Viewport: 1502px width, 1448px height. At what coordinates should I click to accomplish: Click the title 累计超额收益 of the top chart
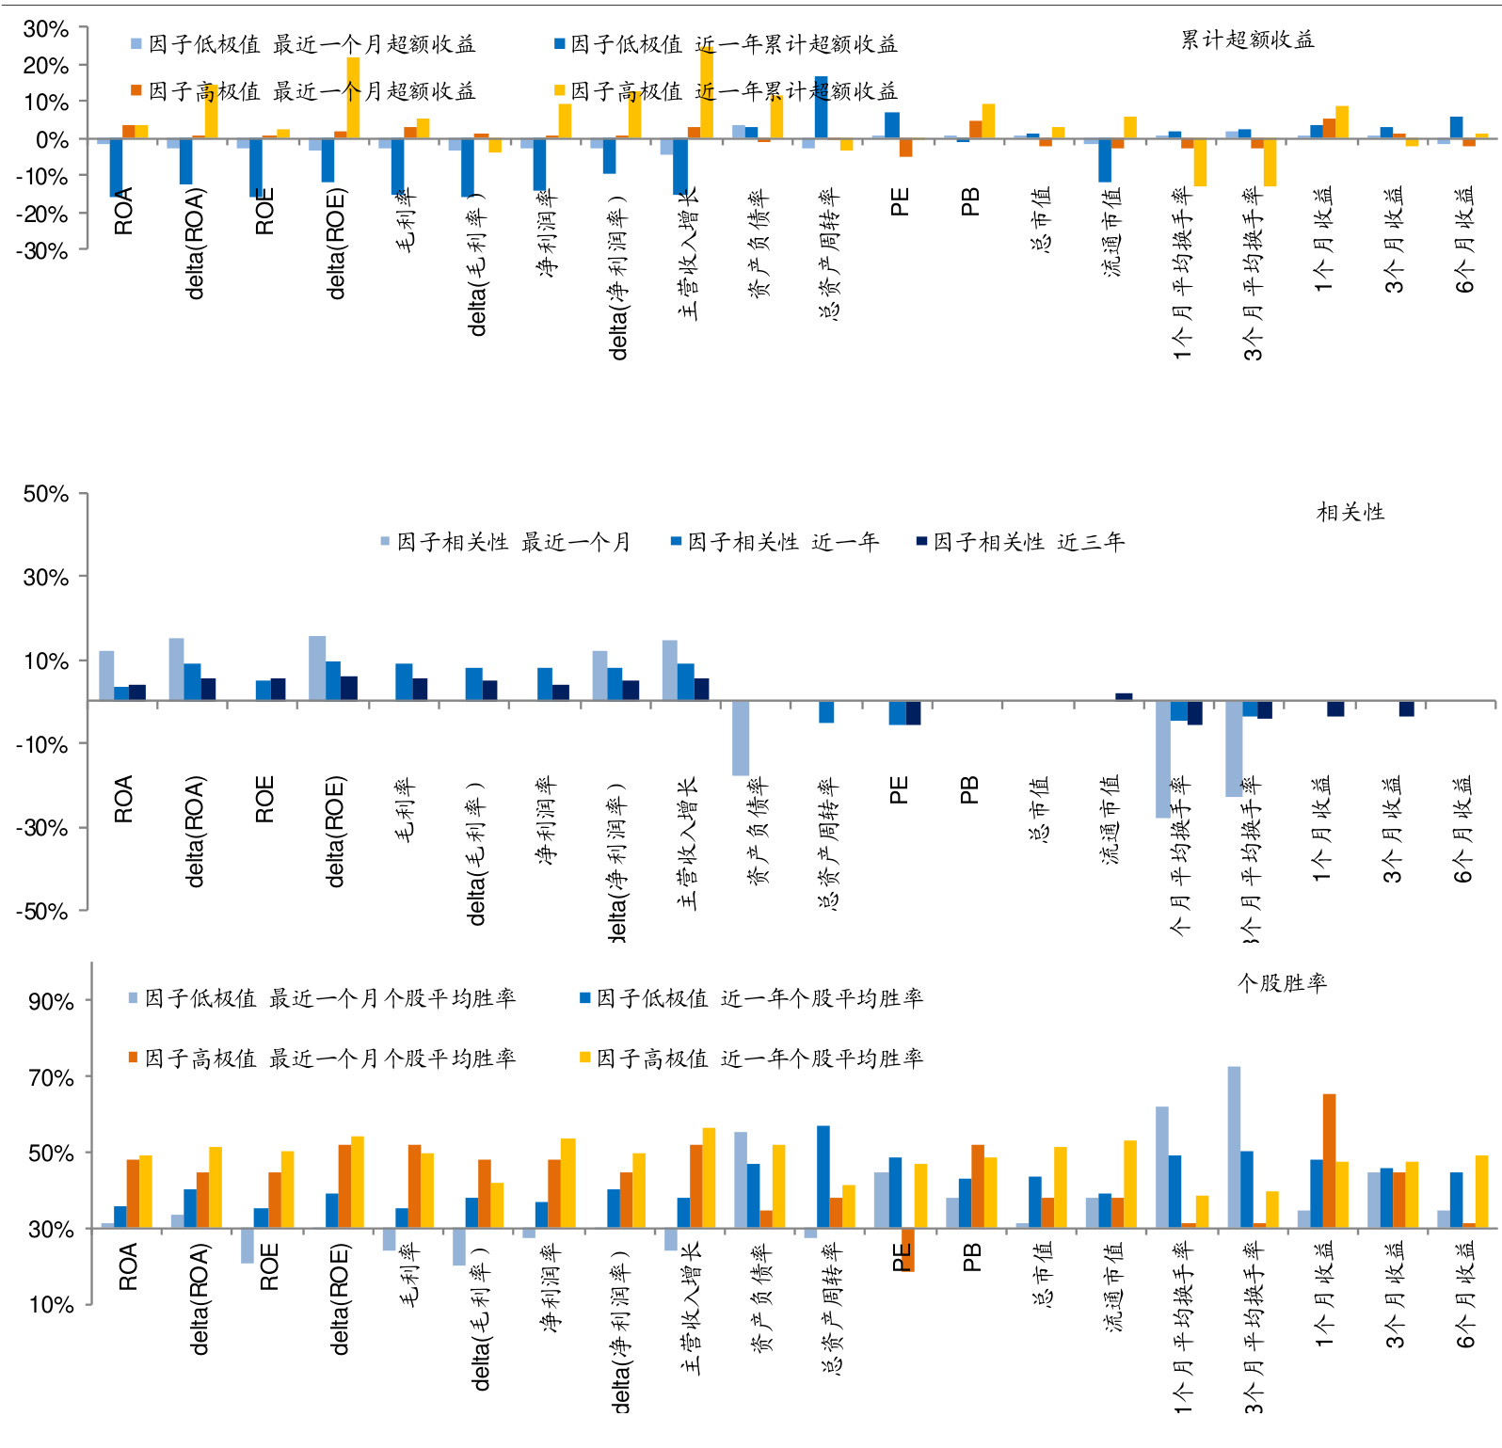[1247, 40]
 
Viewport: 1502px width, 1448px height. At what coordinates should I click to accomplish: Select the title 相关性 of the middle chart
[1350, 512]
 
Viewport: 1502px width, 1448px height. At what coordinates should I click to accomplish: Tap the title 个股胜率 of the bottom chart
[1282, 983]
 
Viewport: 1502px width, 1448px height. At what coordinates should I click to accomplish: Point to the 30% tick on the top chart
[45, 29]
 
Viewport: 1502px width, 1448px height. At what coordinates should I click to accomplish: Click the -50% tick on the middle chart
[42, 911]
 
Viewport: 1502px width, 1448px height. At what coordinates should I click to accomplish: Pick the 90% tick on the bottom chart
[51, 1001]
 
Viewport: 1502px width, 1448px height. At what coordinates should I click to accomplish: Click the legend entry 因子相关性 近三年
[1020, 542]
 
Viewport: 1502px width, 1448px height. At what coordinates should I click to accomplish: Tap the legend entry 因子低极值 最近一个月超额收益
[303, 44]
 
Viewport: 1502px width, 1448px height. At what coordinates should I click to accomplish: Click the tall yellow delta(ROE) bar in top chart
[353, 98]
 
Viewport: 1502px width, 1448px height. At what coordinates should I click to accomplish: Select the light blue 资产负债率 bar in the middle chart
[741, 738]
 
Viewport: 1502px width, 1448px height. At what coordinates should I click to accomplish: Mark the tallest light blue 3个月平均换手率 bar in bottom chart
[1234, 1147]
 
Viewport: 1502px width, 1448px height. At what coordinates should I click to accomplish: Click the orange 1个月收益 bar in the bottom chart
[1329, 1160]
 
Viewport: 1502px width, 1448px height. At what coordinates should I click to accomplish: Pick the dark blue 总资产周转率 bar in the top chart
[822, 107]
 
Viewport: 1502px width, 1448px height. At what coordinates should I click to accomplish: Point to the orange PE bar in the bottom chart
[907, 1249]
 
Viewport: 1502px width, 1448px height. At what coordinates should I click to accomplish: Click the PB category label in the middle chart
[969, 789]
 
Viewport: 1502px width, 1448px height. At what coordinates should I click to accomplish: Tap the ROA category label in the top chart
[123, 211]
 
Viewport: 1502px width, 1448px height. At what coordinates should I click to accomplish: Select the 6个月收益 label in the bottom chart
[1465, 1295]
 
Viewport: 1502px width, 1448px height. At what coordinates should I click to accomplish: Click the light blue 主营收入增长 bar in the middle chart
[670, 670]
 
